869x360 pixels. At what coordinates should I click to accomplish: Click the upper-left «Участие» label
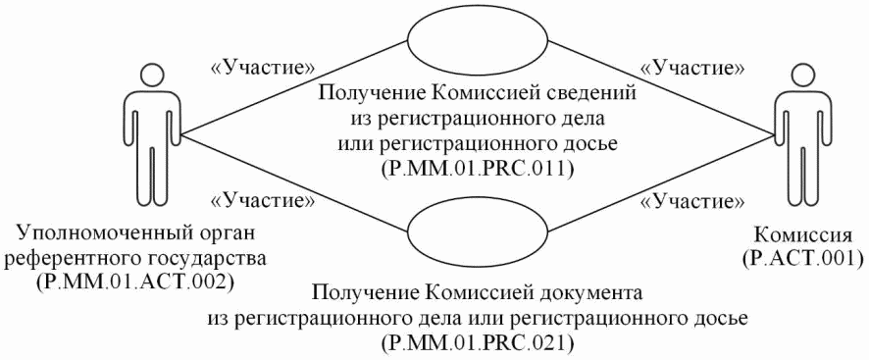click(264, 68)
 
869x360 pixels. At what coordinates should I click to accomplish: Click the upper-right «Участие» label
click(690, 68)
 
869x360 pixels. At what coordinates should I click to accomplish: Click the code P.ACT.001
click(803, 259)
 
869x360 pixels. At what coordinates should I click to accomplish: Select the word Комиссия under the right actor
click(803, 238)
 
